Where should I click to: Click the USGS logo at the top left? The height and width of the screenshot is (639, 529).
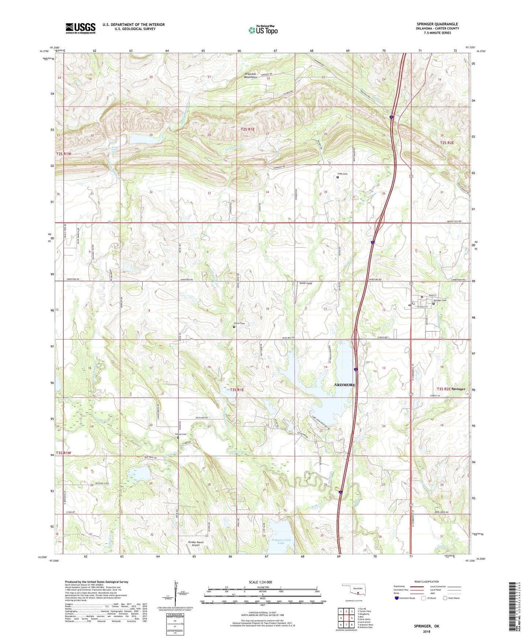click(81, 28)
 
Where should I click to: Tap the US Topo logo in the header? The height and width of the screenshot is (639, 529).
click(263, 30)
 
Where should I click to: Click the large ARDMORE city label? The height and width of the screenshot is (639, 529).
click(344, 385)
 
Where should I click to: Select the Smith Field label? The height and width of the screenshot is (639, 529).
click(306, 283)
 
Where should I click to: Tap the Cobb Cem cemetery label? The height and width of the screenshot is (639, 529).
click(342, 174)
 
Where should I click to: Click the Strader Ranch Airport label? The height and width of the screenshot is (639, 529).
click(195, 543)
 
